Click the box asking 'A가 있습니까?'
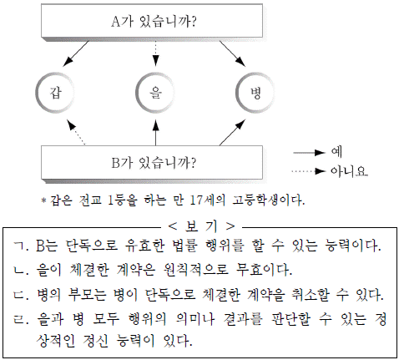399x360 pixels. point(152,21)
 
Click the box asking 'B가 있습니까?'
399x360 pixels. point(152,163)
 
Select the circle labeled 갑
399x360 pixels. point(55,93)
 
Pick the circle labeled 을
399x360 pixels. point(155,93)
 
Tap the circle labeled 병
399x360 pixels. point(255,93)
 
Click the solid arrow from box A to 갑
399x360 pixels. point(76,53)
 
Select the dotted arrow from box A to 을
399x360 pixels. point(155,53)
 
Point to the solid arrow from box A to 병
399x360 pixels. point(233,53)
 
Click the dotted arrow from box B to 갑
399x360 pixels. point(76,132)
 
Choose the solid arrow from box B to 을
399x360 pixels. point(155,133)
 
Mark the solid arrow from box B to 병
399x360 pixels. point(233,132)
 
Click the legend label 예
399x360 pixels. point(336,152)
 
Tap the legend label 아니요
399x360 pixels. point(349,170)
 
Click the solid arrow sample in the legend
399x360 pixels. point(309,153)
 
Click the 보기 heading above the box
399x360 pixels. point(201,226)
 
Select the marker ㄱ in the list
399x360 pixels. point(21,246)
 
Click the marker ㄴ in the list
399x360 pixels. point(21,270)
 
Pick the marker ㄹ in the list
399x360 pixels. point(21,319)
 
